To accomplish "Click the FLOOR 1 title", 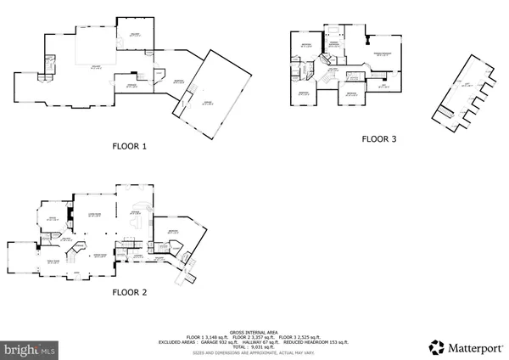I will tap(130, 146).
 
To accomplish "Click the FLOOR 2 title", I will tap(130, 292).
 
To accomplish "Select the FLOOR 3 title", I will tap(379, 138).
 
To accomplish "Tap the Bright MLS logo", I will tap(31, 348).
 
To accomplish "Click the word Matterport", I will tap(473, 346).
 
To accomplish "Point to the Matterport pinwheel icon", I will tap(436, 346).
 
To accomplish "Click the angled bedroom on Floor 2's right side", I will tap(179, 232).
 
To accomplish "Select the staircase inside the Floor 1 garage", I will tap(179, 109).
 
